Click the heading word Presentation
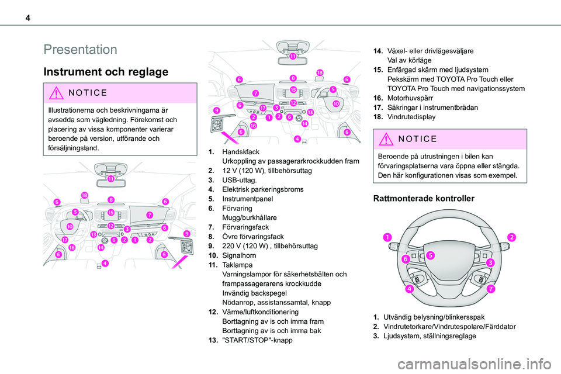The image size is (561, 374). pos(80,49)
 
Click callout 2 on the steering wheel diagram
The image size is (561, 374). pos(511,237)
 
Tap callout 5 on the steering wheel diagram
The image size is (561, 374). pos(430,255)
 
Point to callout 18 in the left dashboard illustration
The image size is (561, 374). pos(85,195)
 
